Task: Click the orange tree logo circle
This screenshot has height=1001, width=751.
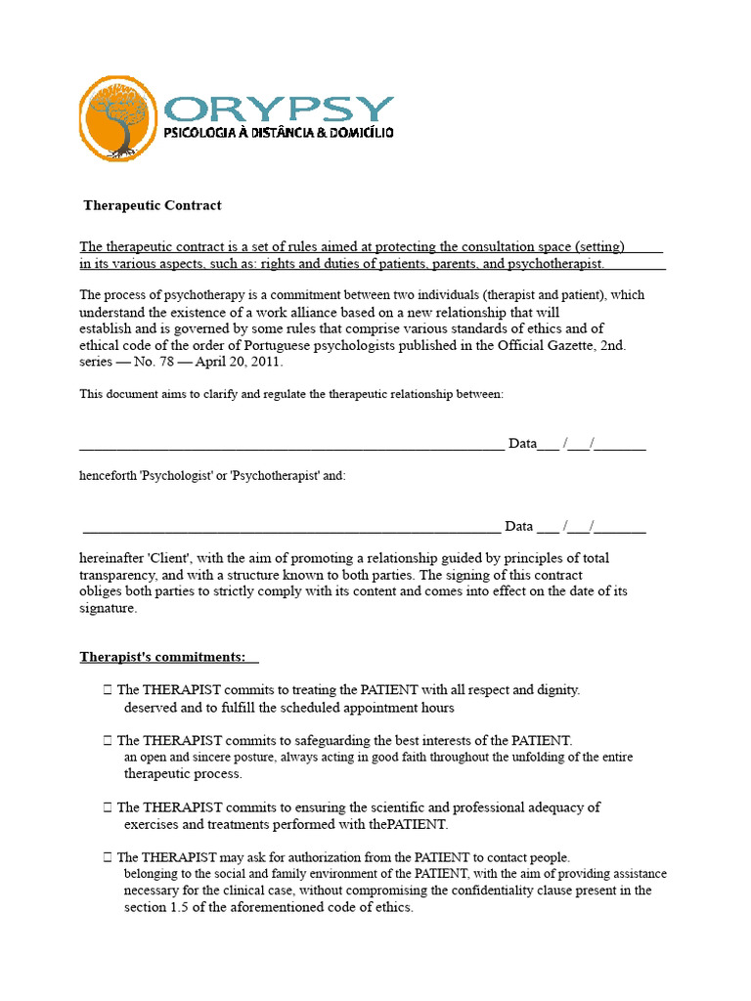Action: [117, 118]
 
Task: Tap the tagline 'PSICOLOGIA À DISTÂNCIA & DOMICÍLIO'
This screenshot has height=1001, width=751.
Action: [279, 132]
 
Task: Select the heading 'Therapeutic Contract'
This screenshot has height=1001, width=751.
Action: [153, 205]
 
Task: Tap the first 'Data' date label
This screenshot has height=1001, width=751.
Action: [522, 444]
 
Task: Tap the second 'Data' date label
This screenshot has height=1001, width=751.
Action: [518, 527]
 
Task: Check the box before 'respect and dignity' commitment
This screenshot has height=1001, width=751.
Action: [108, 690]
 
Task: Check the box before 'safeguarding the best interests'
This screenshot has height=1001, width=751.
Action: [108, 741]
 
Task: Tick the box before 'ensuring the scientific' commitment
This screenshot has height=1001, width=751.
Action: [108, 807]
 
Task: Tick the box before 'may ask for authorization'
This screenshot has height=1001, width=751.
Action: [108, 857]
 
